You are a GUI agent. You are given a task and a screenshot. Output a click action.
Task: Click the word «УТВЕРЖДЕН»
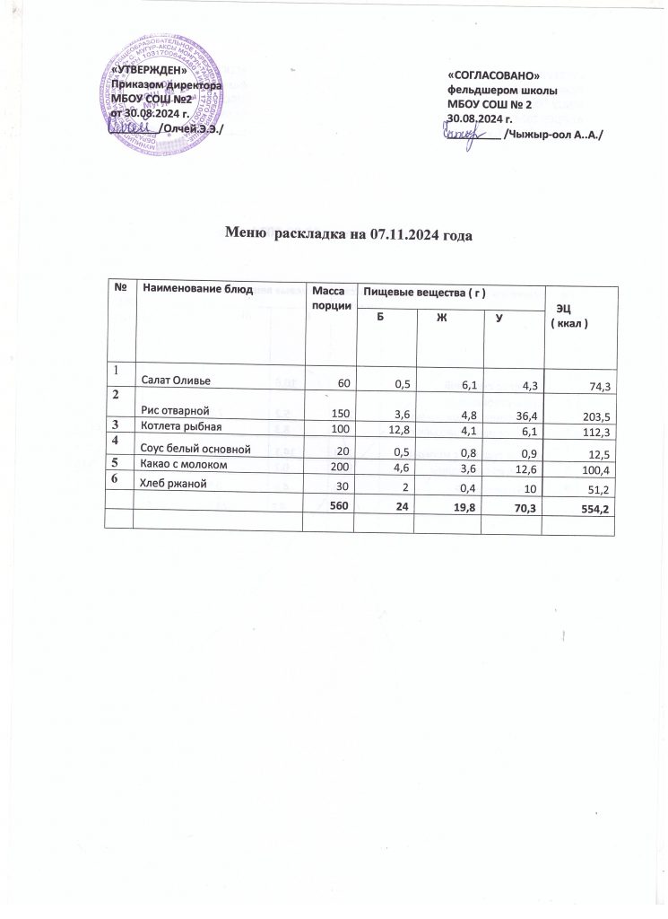[x=149, y=71]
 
